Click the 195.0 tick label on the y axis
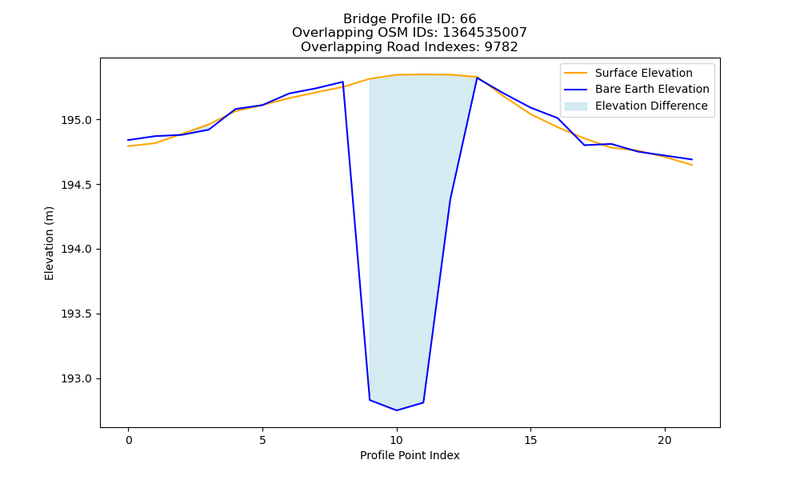tap(76, 120)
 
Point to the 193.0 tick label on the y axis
tap(76, 379)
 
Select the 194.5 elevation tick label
tap(76, 185)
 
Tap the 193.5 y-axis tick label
tap(76, 314)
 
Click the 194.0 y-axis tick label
tap(76, 250)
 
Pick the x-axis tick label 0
tap(129, 440)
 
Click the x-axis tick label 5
tap(262, 440)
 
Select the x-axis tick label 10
tap(397, 440)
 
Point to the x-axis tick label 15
tap(530, 440)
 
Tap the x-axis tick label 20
tap(665, 440)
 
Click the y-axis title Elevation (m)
tap(49, 243)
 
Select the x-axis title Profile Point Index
tap(410, 455)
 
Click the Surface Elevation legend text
tap(644, 73)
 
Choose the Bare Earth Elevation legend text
tap(652, 90)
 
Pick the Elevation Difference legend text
tap(651, 106)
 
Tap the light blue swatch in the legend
tap(575, 106)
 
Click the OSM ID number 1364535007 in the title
tap(485, 33)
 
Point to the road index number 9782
tap(501, 47)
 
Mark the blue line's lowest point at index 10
tap(397, 410)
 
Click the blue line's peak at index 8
tap(343, 82)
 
